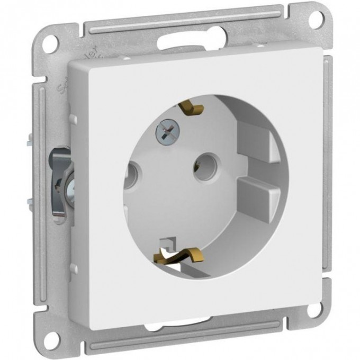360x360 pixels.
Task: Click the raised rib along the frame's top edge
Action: coord(180,20)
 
